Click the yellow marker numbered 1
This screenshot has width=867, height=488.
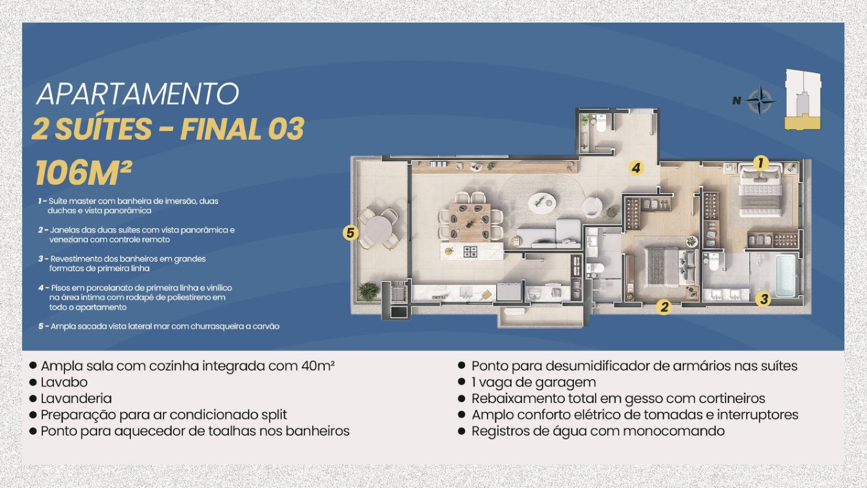[x=760, y=163]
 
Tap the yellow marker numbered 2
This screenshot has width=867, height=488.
[x=664, y=307]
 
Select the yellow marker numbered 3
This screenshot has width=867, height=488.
[x=764, y=299]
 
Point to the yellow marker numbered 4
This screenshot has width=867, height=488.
[x=636, y=168]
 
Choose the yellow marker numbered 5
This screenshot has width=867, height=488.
[x=350, y=233]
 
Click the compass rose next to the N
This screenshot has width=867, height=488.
[x=760, y=100]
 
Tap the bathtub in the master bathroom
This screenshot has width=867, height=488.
[x=786, y=276]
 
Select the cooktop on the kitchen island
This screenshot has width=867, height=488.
[x=471, y=251]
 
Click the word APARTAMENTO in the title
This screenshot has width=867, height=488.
[x=137, y=94]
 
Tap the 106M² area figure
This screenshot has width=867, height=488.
[x=84, y=173]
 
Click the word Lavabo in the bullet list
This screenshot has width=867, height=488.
[x=64, y=382]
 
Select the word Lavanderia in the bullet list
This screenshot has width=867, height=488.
[x=76, y=399]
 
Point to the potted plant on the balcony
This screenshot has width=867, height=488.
[x=369, y=291]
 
